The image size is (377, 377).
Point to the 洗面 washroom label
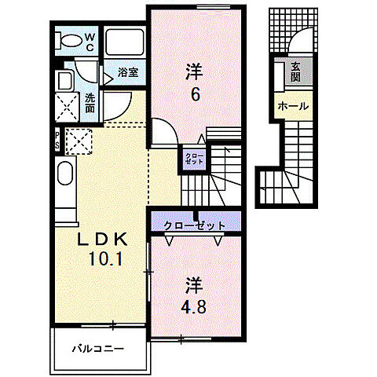point(90,101)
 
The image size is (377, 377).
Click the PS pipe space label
point(57,140)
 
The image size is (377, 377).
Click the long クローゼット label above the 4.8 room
point(195,226)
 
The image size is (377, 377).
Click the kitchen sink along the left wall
point(64,184)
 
